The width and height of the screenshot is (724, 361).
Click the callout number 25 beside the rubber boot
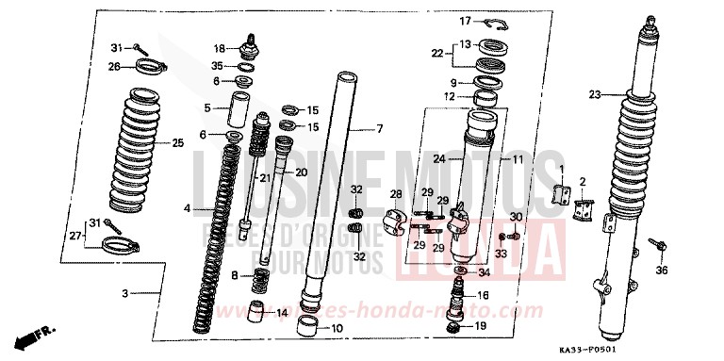pos(178,143)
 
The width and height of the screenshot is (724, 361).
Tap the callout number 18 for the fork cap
pos(219,48)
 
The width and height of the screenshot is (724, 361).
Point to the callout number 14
pos(282,312)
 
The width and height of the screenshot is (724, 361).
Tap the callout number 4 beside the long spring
pos(188,208)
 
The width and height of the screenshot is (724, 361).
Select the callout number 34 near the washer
pos(485,273)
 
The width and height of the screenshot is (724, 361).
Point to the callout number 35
pos(218,66)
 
